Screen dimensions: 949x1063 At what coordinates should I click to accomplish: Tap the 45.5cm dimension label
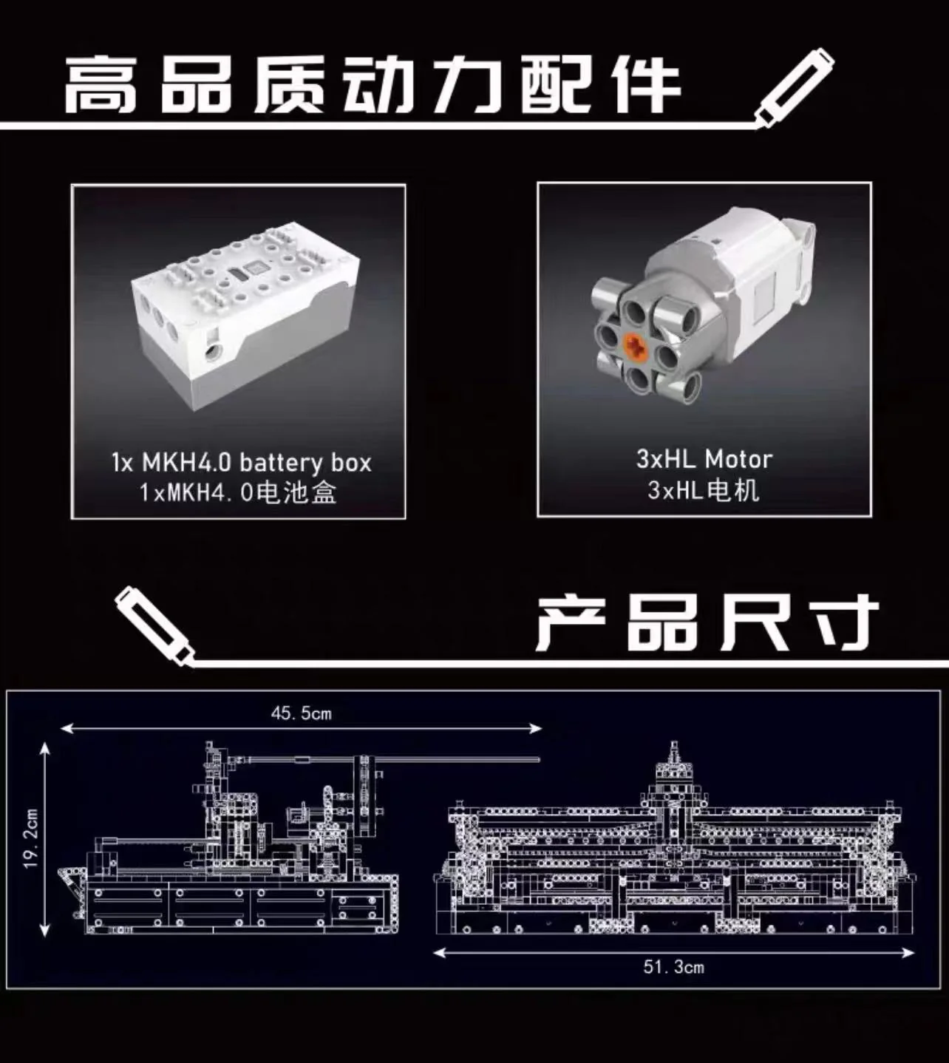click(302, 713)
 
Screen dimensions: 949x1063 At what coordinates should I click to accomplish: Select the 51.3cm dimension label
click(674, 966)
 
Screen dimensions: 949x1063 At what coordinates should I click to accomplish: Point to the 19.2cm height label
click(31, 838)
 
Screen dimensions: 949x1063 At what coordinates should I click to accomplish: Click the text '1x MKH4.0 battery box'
click(242, 462)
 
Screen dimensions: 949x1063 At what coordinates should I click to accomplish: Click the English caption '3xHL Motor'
click(704, 459)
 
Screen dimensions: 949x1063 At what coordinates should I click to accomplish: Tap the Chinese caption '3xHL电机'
click(704, 491)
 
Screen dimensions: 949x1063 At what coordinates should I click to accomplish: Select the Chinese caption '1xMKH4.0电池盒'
click(238, 493)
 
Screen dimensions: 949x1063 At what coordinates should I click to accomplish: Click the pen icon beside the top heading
click(794, 88)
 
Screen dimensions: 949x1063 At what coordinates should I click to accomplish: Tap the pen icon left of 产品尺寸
click(154, 627)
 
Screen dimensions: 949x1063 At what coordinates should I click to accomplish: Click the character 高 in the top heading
click(101, 85)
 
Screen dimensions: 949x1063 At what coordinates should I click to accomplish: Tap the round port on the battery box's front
click(214, 352)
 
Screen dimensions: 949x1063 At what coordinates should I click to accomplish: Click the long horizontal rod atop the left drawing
click(388, 759)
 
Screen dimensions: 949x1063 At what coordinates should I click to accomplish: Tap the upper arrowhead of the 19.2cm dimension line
click(45, 747)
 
